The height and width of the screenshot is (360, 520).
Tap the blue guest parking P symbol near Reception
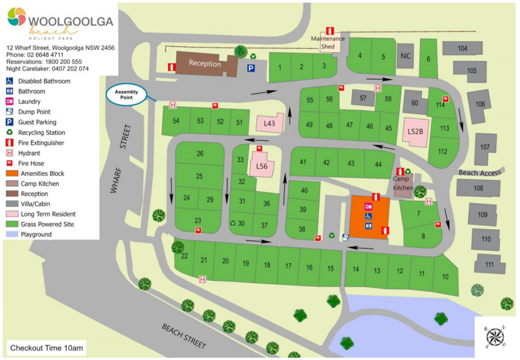[x=250, y=68]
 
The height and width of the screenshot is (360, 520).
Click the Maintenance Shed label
[x=327, y=42]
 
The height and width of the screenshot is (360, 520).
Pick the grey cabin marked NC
[x=405, y=56]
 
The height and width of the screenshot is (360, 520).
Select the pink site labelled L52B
[x=415, y=131]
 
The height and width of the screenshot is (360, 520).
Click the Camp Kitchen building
[x=403, y=184]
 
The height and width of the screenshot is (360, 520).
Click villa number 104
[x=462, y=48]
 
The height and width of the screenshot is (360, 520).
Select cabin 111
[x=488, y=264]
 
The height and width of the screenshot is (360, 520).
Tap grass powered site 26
[x=200, y=154]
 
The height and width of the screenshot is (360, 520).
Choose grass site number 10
[x=445, y=277]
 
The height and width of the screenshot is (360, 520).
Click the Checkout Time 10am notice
[x=46, y=348]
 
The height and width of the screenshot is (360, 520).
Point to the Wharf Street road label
[x=120, y=165]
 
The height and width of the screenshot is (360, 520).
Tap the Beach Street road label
[x=184, y=336]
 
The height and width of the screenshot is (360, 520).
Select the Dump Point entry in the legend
[x=34, y=112]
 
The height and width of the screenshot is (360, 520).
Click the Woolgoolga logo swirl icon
[x=16, y=17]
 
